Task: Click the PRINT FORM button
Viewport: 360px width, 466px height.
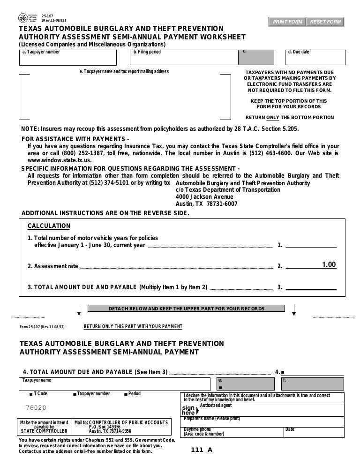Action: [286, 22]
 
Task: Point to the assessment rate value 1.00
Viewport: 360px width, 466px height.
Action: [329, 265]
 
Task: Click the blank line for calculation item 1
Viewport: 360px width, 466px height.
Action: [311, 244]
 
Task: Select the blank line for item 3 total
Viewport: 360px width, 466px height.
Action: [311, 286]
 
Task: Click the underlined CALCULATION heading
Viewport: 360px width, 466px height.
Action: [49, 226]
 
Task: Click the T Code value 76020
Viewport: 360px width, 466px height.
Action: [36, 408]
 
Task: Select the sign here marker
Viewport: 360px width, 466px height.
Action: [188, 410]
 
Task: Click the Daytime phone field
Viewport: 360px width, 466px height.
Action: [232, 432]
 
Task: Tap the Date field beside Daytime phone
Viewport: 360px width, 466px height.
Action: [314, 432]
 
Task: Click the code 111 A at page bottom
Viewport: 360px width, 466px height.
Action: [202, 451]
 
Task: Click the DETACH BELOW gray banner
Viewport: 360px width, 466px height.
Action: [187, 309]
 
